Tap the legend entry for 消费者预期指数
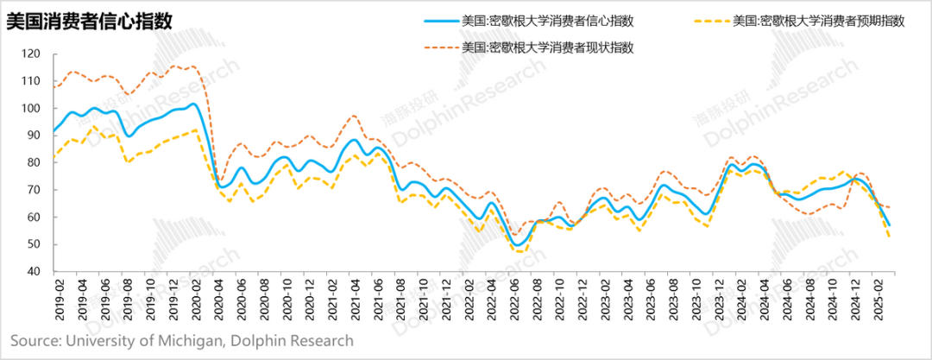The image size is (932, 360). [817, 21]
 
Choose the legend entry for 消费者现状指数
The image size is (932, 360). [548, 47]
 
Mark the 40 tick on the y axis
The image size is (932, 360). [34, 271]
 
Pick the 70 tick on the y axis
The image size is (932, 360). [34, 190]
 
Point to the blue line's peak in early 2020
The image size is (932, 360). [194, 104]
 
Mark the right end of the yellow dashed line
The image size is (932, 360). [891, 237]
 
